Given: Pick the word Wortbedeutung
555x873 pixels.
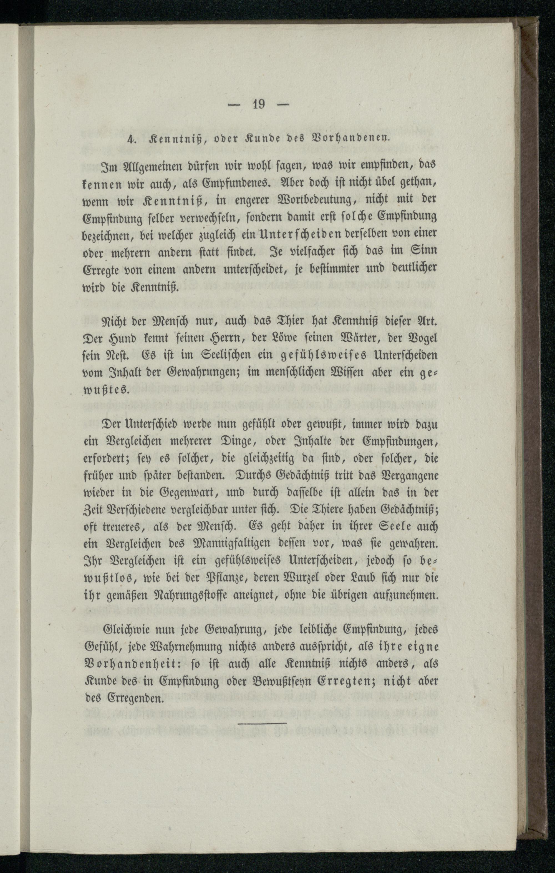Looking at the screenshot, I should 303,200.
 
